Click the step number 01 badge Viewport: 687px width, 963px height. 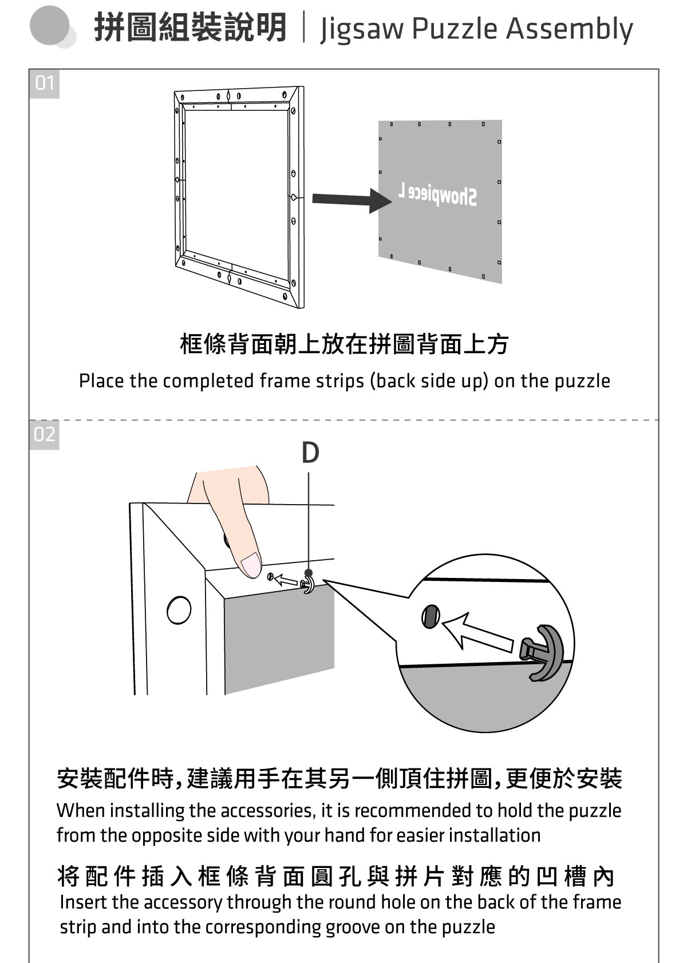tap(44, 84)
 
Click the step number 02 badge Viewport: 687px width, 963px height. tap(44, 435)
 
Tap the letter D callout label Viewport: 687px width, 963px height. tap(310, 453)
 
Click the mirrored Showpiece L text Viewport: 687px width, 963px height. tap(437, 195)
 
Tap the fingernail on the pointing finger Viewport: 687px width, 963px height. tap(251, 565)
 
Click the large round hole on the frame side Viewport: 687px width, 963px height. tap(179, 610)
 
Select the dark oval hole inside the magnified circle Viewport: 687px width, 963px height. tap(430, 616)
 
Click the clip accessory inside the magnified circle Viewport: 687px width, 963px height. tap(543, 652)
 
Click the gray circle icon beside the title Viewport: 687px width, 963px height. tap(52, 26)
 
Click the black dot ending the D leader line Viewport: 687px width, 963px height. tap(309, 573)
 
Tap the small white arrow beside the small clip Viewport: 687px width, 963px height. tap(286, 580)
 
